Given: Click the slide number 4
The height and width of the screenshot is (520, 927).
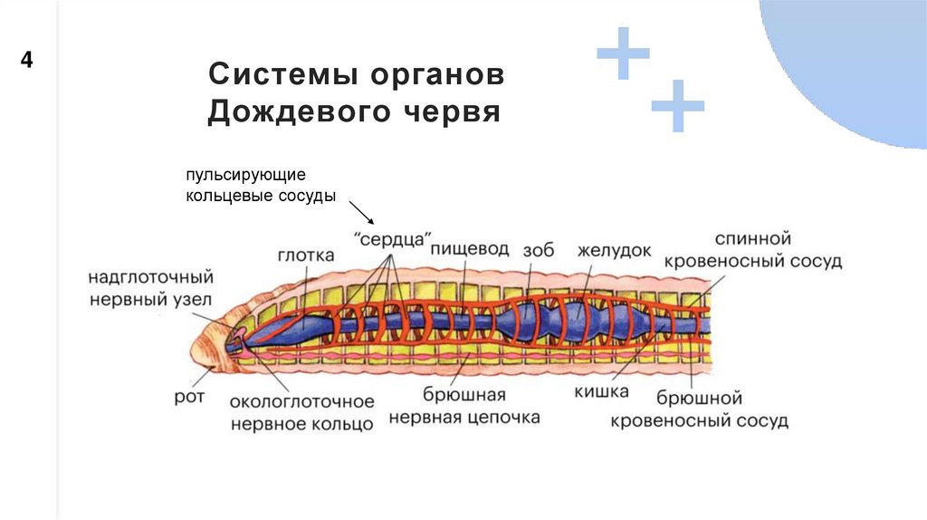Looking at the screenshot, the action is tap(27, 62).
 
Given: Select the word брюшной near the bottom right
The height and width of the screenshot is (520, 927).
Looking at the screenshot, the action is tap(700, 398).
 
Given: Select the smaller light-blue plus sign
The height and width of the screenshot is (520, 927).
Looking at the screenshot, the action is tap(677, 107).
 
